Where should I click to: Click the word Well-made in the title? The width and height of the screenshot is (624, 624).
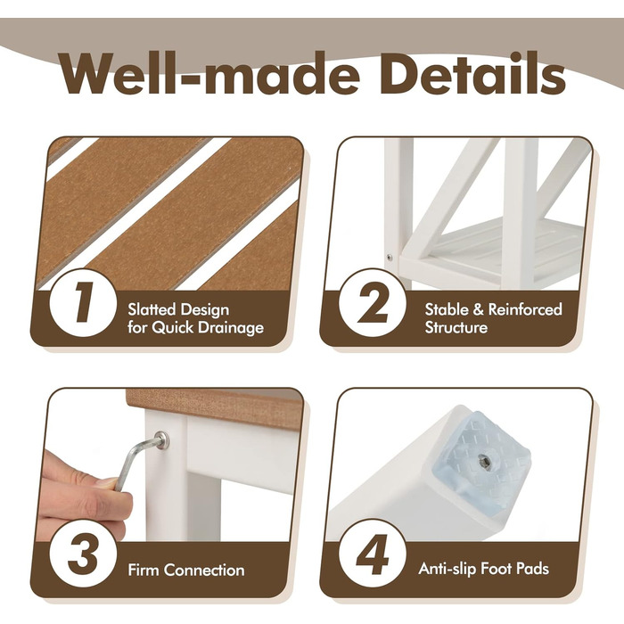click(x=209, y=73)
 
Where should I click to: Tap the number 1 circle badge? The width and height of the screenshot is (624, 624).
click(x=83, y=302)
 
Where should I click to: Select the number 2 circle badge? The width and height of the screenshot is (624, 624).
click(x=373, y=302)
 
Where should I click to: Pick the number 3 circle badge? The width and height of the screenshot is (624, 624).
click(x=83, y=554)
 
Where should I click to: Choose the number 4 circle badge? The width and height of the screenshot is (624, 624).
click(x=373, y=554)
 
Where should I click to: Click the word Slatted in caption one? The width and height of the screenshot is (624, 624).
click(x=152, y=309)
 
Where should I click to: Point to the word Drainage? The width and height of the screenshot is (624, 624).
click(x=231, y=328)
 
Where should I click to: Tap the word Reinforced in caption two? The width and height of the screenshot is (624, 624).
click(x=525, y=309)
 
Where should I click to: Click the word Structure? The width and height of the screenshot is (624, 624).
click(x=456, y=327)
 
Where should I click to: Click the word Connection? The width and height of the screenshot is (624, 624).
click(x=204, y=570)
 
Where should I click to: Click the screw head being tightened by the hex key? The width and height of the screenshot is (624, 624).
click(x=161, y=439)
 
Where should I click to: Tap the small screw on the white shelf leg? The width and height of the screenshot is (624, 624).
click(x=390, y=257)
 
